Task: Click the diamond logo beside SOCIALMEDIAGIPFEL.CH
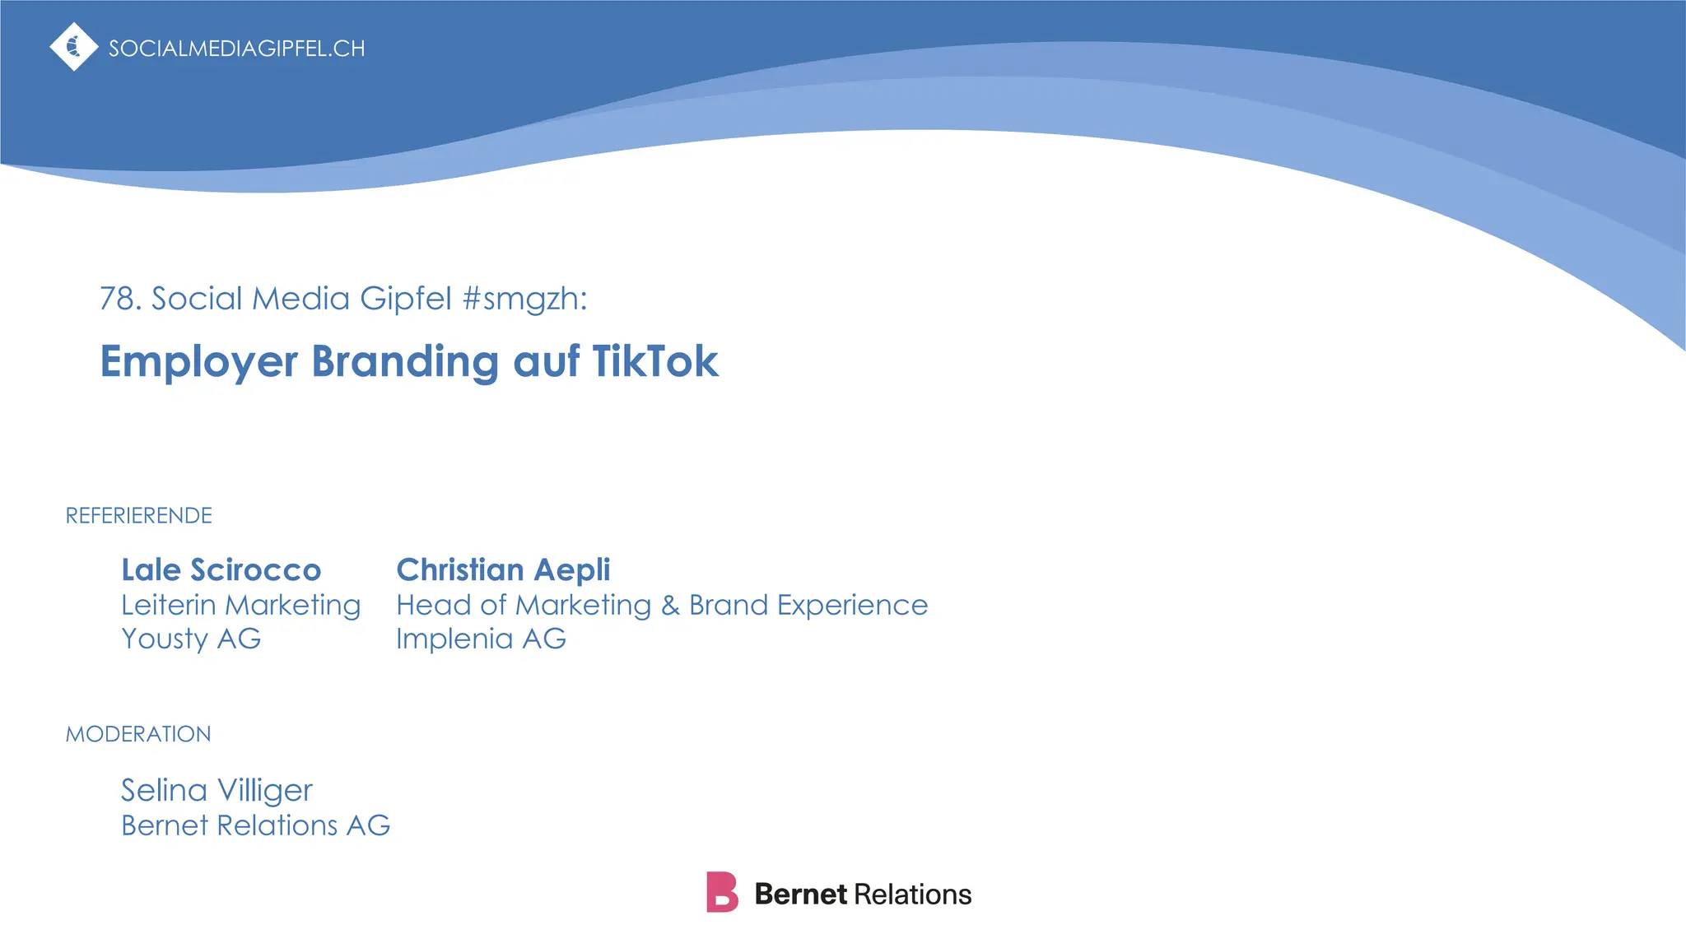point(74,47)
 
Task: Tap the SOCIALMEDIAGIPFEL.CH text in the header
point(237,49)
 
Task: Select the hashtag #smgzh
point(524,299)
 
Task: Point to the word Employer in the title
point(198,362)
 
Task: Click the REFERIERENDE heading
point(139,516)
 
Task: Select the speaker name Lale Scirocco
point(221,569)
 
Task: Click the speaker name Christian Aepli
point(503,569)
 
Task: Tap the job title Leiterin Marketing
point(240,605)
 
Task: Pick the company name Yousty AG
point(191,639)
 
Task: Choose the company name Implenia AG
point(481,639)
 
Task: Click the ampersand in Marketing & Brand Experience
point(670,606)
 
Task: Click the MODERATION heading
point(138,734)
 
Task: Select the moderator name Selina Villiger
point(217,791)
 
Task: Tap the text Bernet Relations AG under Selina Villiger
point(255,825)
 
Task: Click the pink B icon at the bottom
point(722,893)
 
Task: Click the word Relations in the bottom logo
point(913,895)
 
